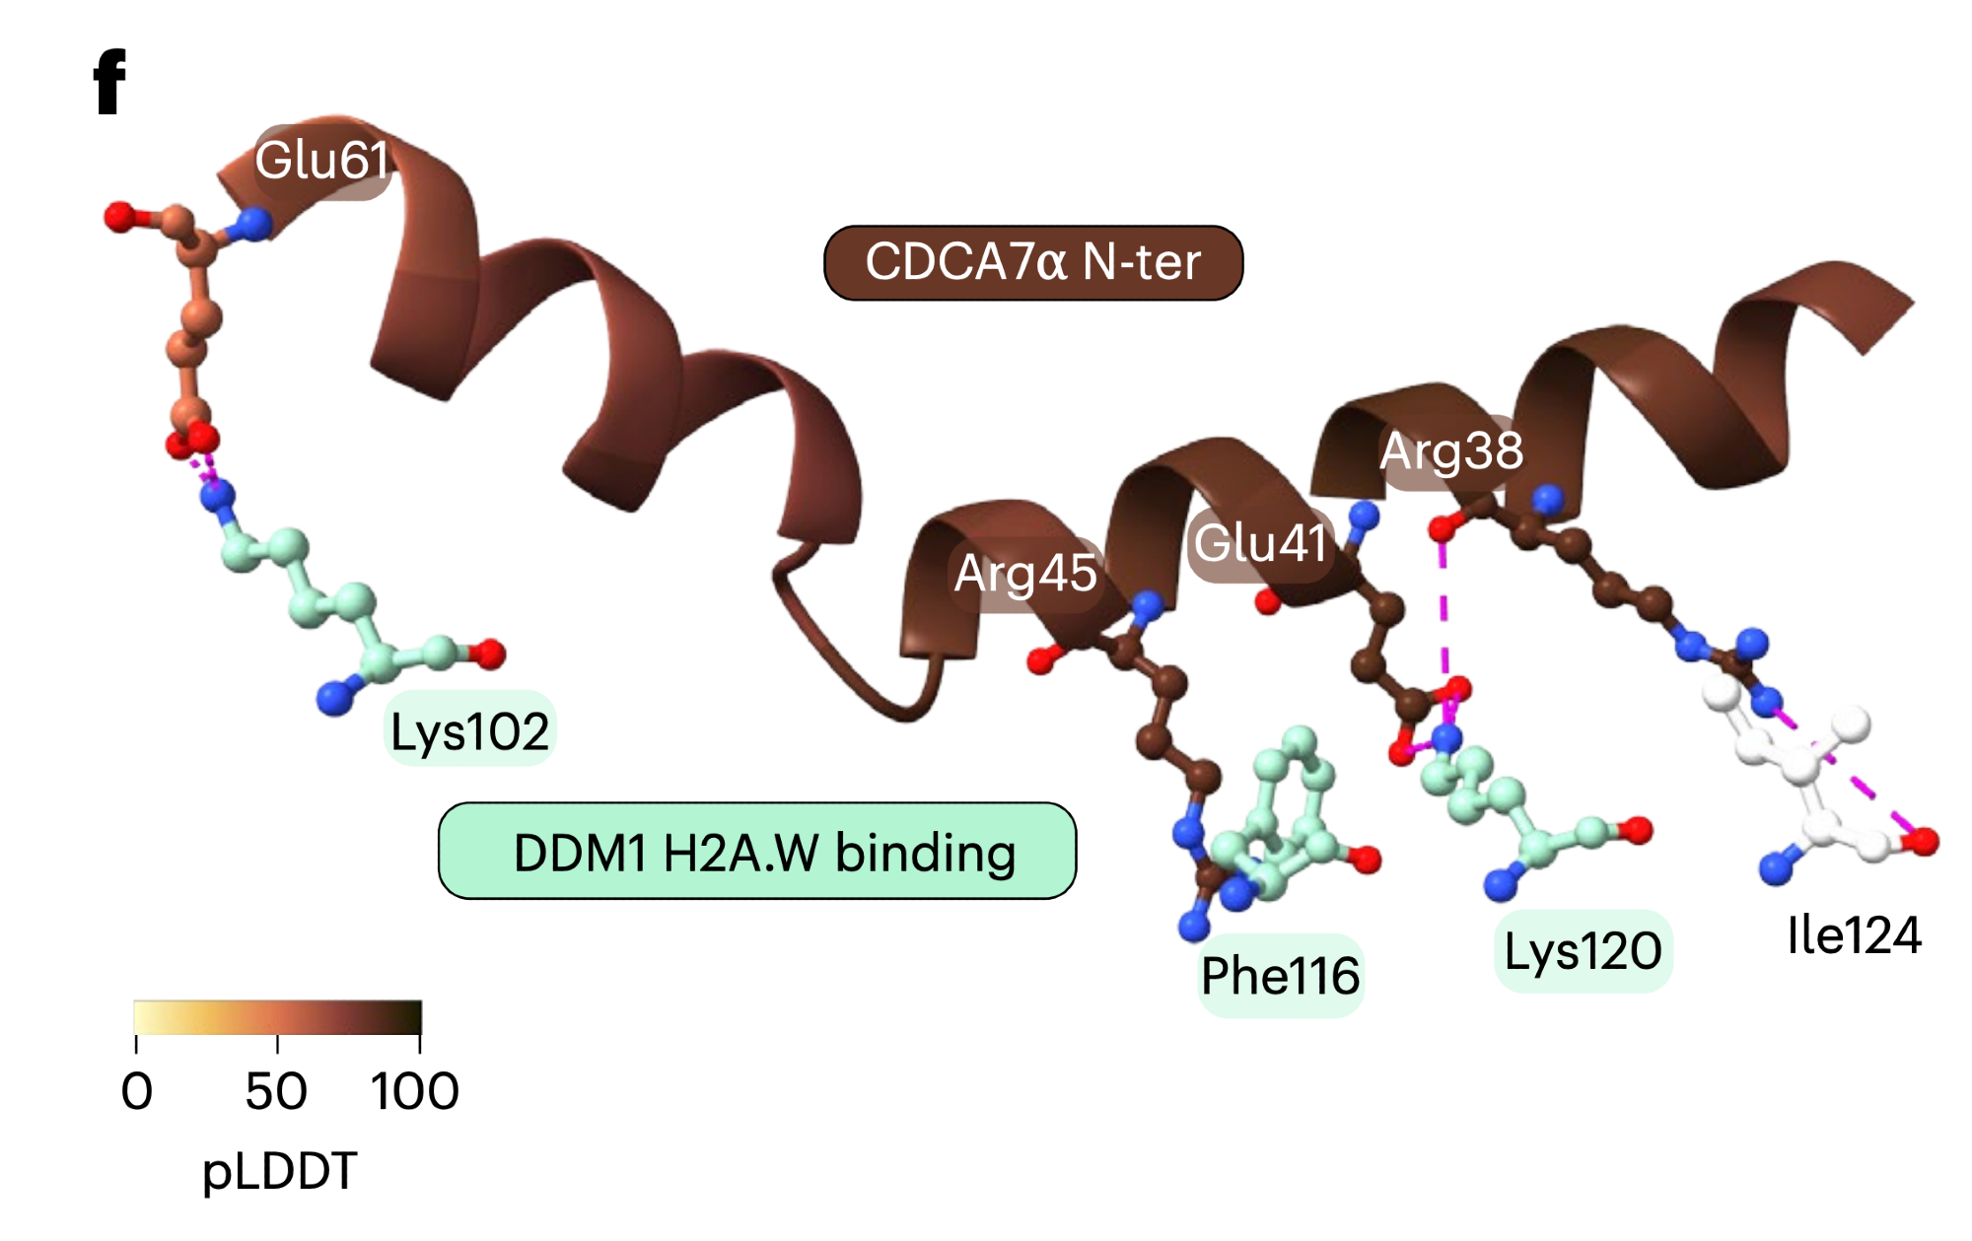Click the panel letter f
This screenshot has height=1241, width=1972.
(x=109, y=83)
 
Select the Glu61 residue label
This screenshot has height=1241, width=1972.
(x=321, y=160)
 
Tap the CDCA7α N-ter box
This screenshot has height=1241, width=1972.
(x=1032, y=262)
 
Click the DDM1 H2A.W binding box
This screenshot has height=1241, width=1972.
(x=756, y=852)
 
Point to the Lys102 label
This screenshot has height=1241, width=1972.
(x=469, y=731)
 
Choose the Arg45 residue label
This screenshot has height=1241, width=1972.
(x=1025, y=573)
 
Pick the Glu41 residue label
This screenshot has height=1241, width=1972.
(x=1260, y=543)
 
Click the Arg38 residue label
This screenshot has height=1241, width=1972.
(x=1450, y=451)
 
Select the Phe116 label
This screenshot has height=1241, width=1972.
(x=1280, y=975)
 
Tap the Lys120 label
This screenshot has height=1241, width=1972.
(x=1583, y=951)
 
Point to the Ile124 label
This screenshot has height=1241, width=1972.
(x=1854, y=934)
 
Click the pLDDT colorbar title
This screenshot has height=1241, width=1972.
(x=279, y=1171)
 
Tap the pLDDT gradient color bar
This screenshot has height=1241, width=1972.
(x=277, y=1017)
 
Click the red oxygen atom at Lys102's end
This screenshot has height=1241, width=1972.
(x=489, y=653)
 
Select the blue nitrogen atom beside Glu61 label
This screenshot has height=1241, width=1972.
(x=253, y=224)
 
